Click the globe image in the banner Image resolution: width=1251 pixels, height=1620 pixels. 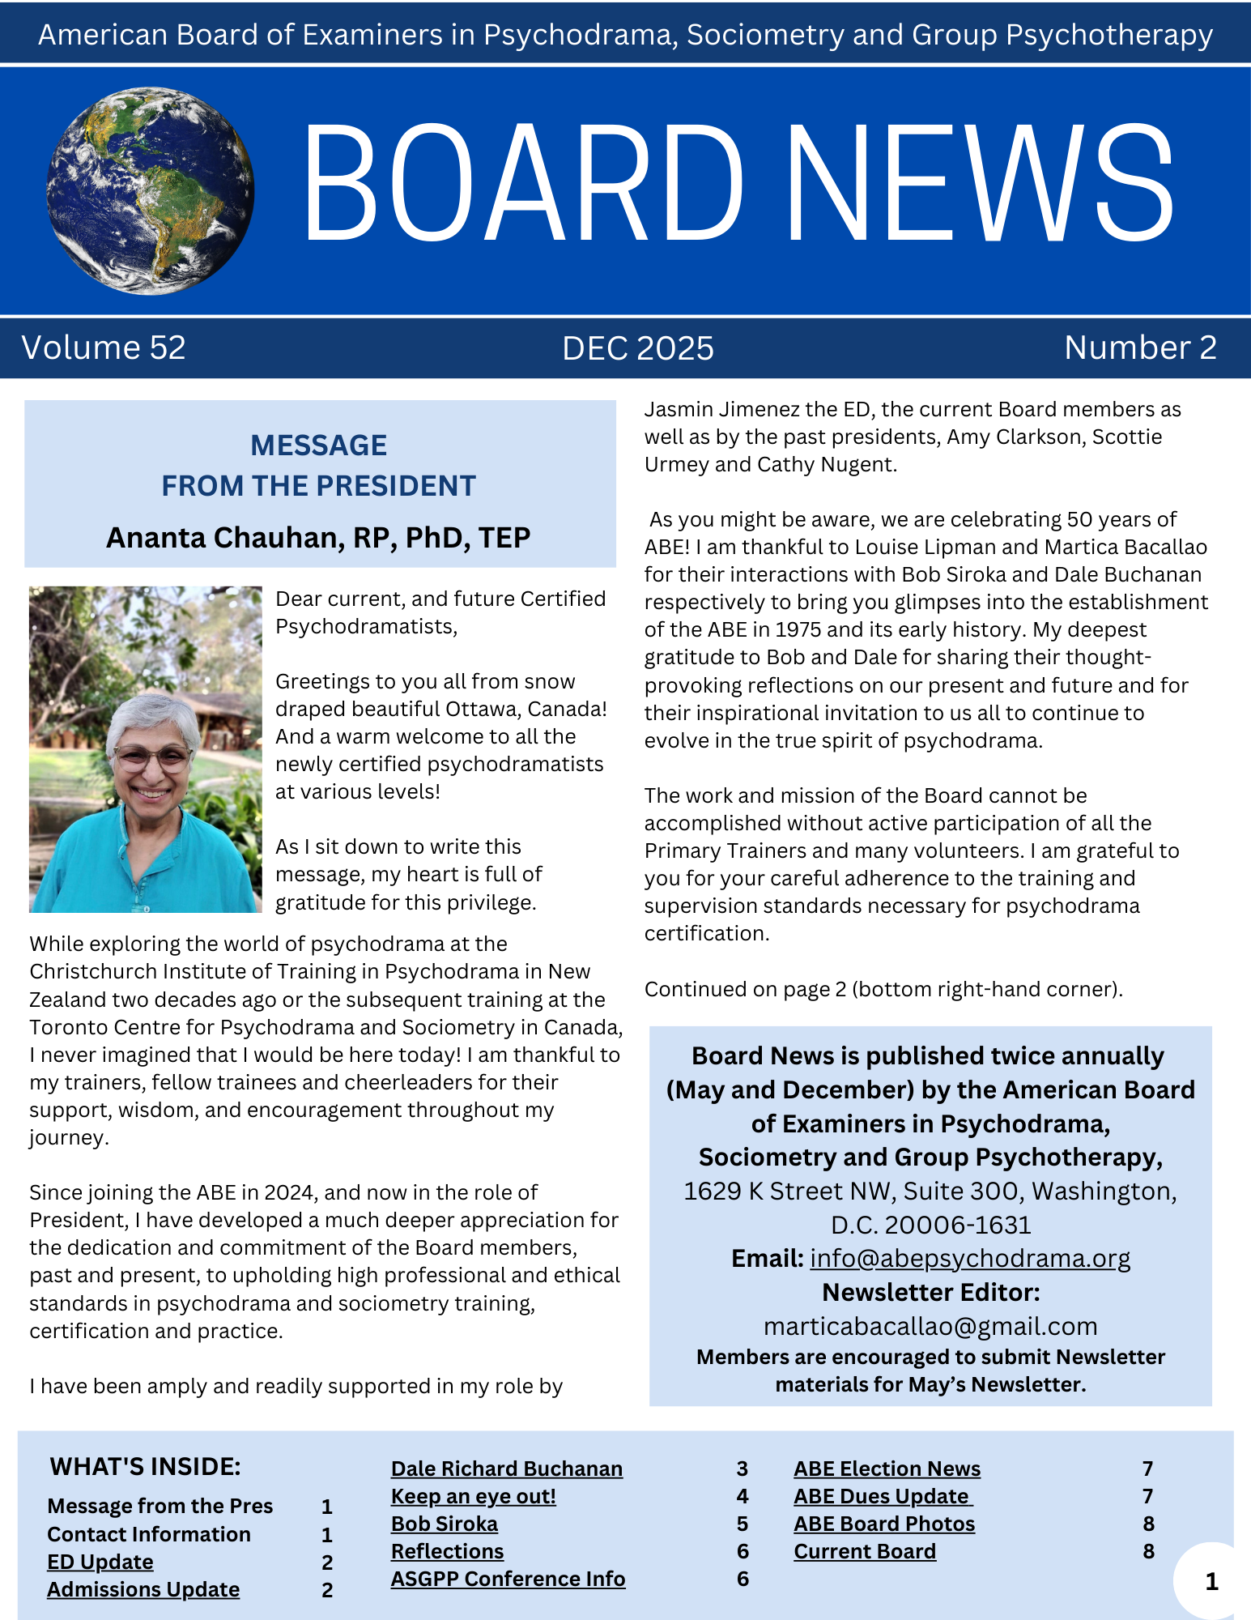151,191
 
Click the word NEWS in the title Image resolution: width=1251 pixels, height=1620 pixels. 980,185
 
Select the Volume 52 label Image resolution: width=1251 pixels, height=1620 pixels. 104,347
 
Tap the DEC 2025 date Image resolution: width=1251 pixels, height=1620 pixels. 638,348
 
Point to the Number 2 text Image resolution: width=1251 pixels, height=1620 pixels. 1140,347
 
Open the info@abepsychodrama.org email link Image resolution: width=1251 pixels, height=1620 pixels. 970,1258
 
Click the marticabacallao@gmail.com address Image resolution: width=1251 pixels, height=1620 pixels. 930,1326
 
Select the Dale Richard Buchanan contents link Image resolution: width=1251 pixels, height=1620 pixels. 507,1469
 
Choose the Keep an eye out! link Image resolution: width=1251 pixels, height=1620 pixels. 474,1496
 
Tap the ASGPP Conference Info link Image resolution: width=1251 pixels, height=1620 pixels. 508,1579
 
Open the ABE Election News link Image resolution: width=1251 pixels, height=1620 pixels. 887,1469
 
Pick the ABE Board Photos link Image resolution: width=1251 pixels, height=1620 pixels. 884,1524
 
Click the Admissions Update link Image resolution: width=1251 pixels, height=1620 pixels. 143,1589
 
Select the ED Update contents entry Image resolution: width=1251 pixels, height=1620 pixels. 100,1562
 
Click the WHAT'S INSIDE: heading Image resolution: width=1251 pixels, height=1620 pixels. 146,1467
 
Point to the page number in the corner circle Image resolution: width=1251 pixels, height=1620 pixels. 1211,1582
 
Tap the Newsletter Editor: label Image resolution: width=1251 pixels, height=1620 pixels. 930,1292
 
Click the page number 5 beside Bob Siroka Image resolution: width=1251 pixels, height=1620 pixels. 743,1524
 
